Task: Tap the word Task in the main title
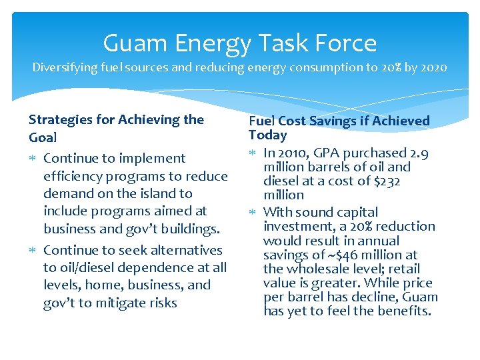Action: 279,43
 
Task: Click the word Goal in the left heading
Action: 43,137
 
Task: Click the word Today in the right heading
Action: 267,135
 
